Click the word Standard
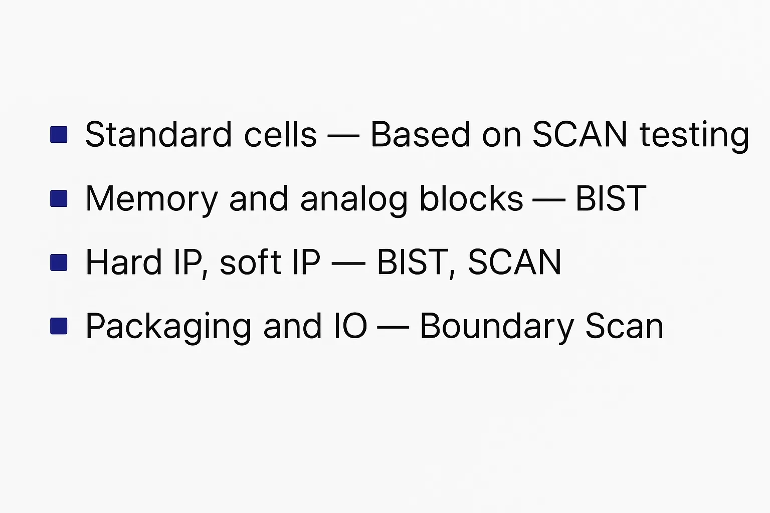[x=158, y=134]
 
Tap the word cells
[x=280, y=134]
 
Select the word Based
[x=420, y=134]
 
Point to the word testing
[x=694, y=136]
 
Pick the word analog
[x=354, y=200]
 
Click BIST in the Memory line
[x=611, y=198]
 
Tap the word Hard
[x=123, y=262]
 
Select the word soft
[x=250, y=262]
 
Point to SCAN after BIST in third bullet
[x=514, y=262]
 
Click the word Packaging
[x=168, y=328]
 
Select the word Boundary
[x=497, y=328]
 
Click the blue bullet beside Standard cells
[x=59, y=134]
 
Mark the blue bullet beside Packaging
[x=59, y=326]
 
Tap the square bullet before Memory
[x=59, y=198]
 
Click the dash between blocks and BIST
[x=549, y=199]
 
